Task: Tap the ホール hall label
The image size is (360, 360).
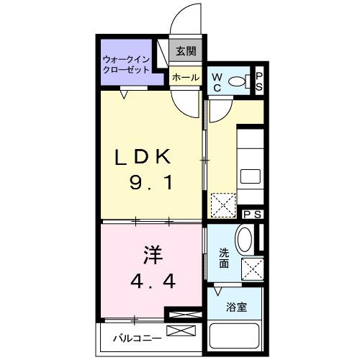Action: tap(185, 77)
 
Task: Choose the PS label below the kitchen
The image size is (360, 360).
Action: tap(252, 214)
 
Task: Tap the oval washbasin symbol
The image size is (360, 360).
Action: tap(245, 239)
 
